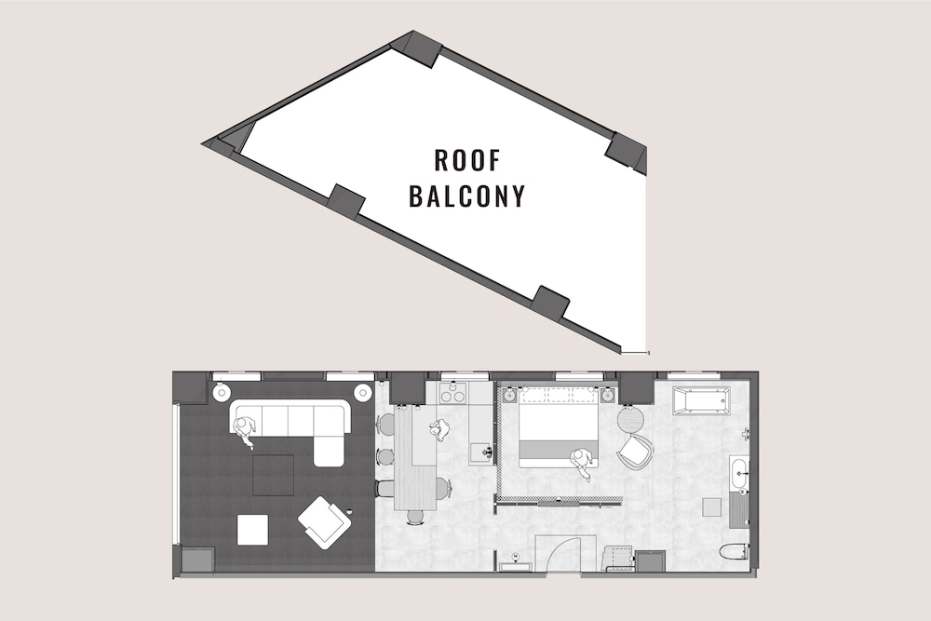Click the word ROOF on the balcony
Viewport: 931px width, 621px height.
pos(467,160)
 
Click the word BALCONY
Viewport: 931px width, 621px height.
pos(467,196)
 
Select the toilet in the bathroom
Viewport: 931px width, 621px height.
pos(735,551)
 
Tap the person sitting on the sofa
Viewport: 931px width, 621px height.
pos(245,430)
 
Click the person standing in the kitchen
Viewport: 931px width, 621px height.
pos(439,430)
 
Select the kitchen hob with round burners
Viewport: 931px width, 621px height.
pos(452,394)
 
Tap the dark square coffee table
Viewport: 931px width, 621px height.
pos(274,475)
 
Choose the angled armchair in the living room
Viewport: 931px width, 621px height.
pos(324,521)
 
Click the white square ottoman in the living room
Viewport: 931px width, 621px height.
pos(252,530)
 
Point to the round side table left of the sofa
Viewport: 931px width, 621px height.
pos(222,393)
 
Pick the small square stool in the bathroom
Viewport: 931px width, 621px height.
pos(711,506)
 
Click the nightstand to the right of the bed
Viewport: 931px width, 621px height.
pos(607,395)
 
